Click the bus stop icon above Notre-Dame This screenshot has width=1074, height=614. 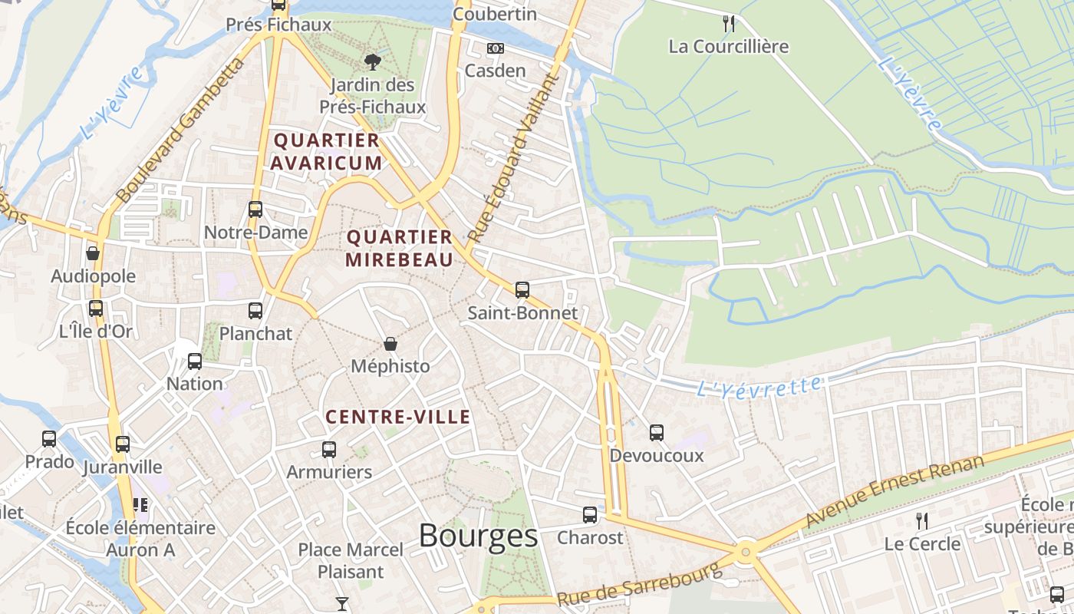pyautogui.click(x=255, y=209)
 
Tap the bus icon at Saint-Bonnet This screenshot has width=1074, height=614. pyautogui.click(x=522, y=289)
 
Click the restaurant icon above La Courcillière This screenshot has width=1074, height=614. pyautogui.click(x=729, y=24)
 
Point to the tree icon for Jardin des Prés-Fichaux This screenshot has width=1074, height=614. pyautogui.click(x=373, y=61)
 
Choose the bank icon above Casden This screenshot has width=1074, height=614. pyautogui.click(x=496, y=48)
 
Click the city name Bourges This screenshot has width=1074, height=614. pyautogui.click(x=478, y=536)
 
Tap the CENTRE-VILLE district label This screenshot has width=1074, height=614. pyautogui.click(x=398, y=418)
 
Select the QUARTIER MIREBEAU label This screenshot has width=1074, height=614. pyautogui.click(x=399, y=248)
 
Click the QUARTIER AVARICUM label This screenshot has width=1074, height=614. pyautogui.click(x=326, y=151)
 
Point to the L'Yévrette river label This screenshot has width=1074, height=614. pyautogui.click(x=759, y=386)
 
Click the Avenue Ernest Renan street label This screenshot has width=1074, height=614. pyautogui.click(x=894, y=490)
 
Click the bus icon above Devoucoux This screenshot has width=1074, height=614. pyautogui.click(x=657, y=432)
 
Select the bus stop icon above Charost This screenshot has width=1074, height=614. pyautogui.click(x=590, y=514)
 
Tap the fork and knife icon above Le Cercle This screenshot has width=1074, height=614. pyautogui.click(x=922, y=520)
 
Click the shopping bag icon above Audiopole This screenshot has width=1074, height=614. pyautogui.click(x=93, y=253)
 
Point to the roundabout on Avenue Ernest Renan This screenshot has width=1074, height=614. pyautogui.click(x=745, y=551)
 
